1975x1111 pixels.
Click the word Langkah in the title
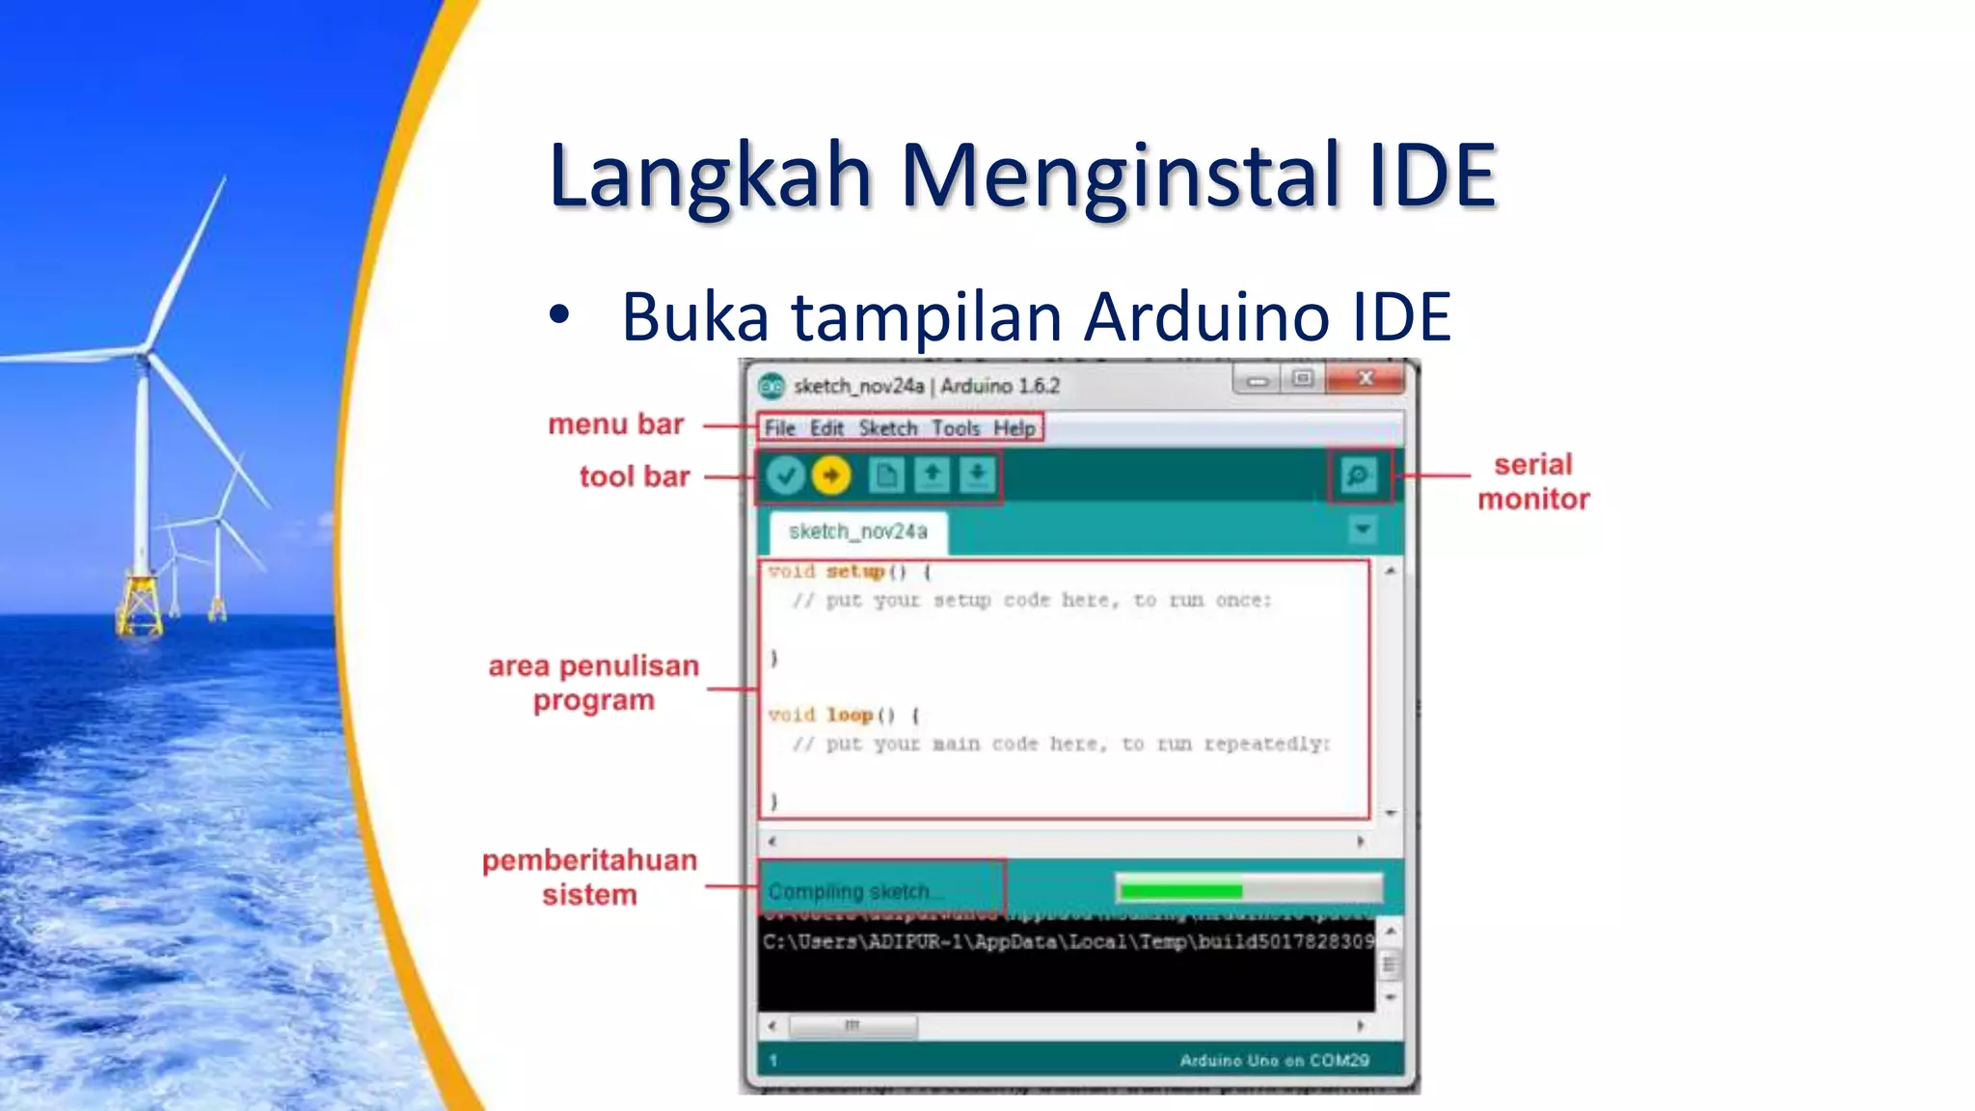click(711, 176)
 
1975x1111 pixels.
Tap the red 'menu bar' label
click(615, 424)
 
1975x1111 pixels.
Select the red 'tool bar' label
click(635, 476)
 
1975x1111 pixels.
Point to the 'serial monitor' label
click(1533, 481)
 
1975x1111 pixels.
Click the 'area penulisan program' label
click(593, 683)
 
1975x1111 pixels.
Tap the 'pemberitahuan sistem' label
click(589, 877)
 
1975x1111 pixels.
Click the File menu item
click(779, 428)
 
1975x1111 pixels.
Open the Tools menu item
click(955, 428)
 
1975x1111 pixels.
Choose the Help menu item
click(1015, 428)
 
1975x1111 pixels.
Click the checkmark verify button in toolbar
click(786, 475)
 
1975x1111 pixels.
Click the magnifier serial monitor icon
click(1359, 475)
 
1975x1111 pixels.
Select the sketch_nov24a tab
click(857, 532)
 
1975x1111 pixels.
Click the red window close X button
click(1365, 379)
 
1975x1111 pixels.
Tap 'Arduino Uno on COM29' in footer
click(1274, 1061)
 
